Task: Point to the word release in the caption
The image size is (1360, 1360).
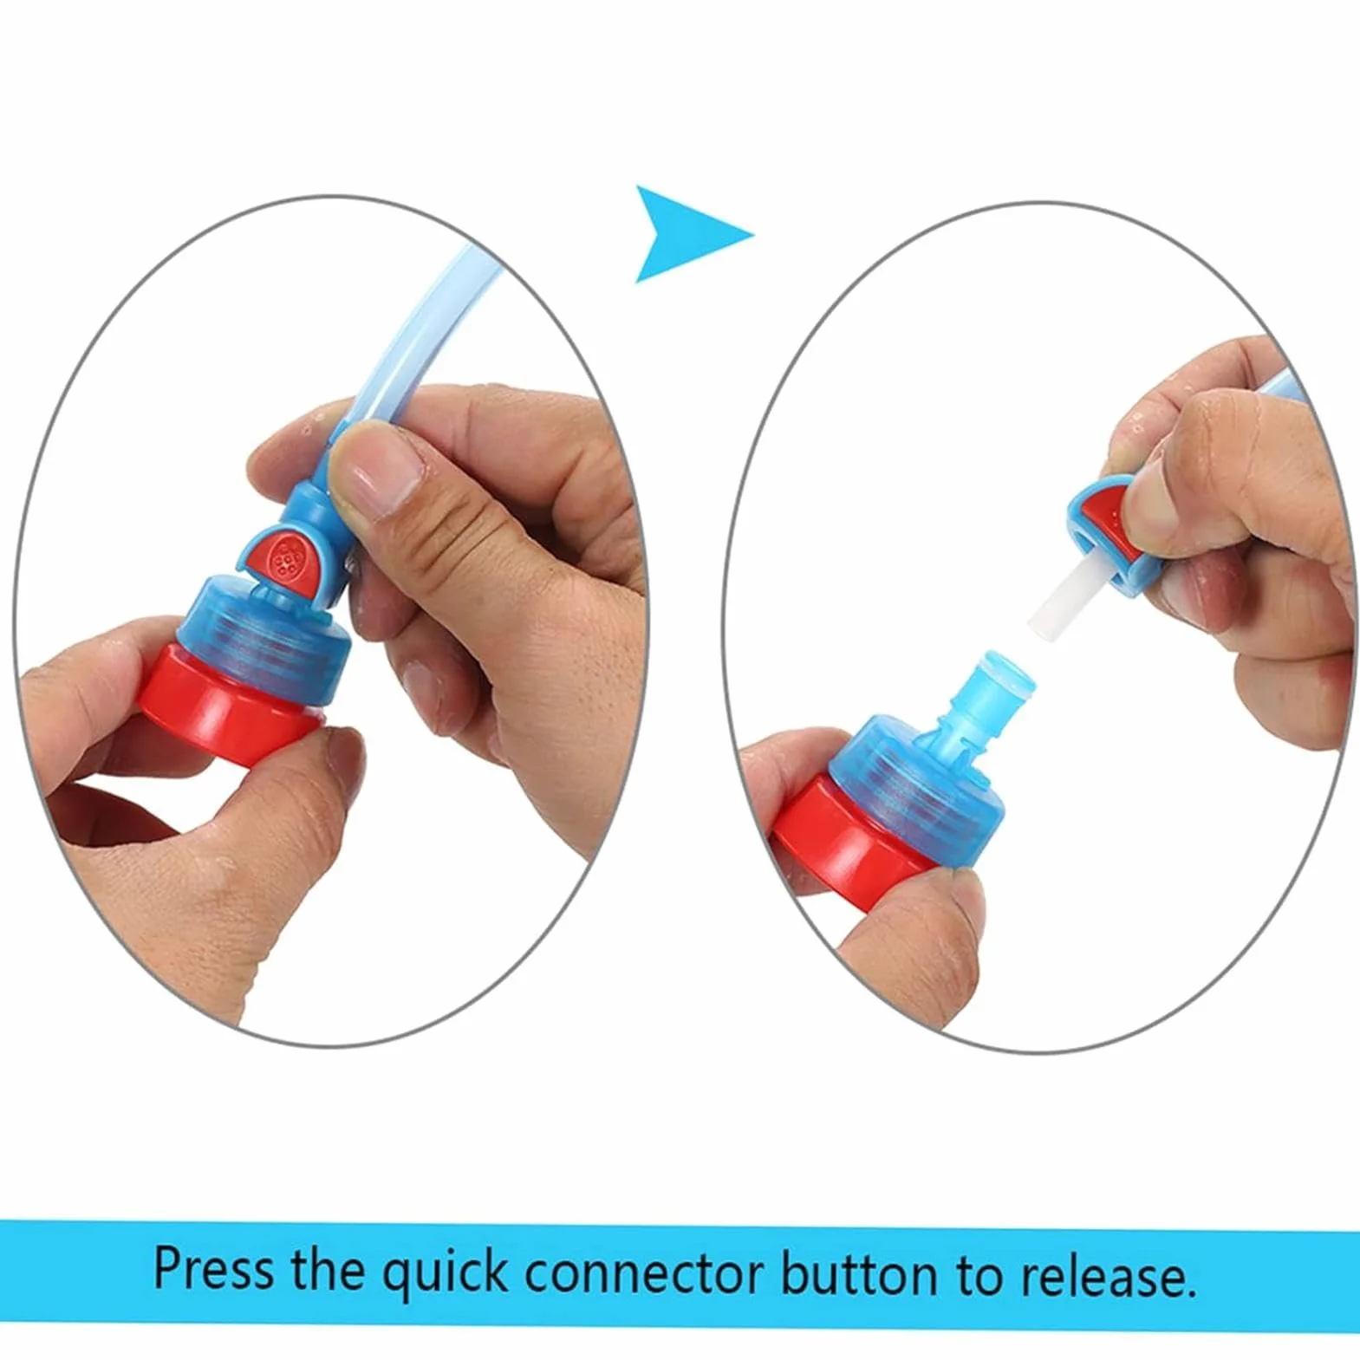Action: (x=1108, y=1275)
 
